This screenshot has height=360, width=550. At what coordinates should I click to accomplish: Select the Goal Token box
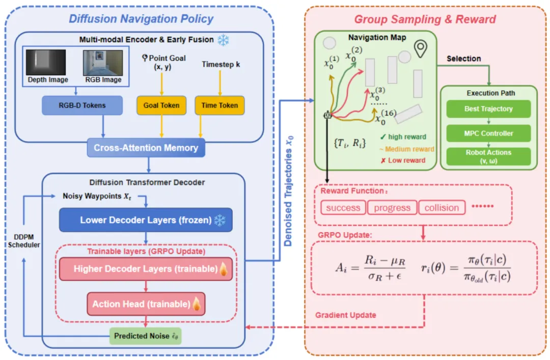(162, 105)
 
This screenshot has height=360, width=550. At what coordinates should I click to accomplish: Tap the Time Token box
(219, 105)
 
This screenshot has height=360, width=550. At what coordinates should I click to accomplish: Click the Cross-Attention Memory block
(146, 148)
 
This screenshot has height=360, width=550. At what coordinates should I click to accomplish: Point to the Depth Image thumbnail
(47, 62)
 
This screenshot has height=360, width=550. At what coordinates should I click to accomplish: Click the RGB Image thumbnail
(103, 62)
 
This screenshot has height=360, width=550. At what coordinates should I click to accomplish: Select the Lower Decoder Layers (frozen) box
(146, 220)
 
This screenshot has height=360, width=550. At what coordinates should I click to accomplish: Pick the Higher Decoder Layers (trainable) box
(146, 268)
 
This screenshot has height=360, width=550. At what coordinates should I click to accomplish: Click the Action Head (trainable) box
(146, 304)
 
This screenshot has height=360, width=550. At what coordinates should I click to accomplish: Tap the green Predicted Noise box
(146, 336)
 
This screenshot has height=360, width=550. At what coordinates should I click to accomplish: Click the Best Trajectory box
(488, 109)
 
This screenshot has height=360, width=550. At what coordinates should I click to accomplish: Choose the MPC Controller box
(488, 133)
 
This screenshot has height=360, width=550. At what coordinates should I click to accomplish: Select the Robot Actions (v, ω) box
(488, 156)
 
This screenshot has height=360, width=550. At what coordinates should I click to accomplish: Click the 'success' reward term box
(343, 207)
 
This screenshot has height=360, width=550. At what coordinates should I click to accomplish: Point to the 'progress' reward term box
(392, 207)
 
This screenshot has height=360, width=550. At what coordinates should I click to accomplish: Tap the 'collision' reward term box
(442, 207)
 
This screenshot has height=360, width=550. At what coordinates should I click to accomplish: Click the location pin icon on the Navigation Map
(420, 49)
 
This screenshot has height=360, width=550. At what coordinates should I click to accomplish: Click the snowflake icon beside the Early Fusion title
(223, 40)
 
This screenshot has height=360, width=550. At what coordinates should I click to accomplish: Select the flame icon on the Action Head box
(197, 304)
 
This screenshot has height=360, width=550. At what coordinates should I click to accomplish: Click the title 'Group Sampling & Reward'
(425, 19)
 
